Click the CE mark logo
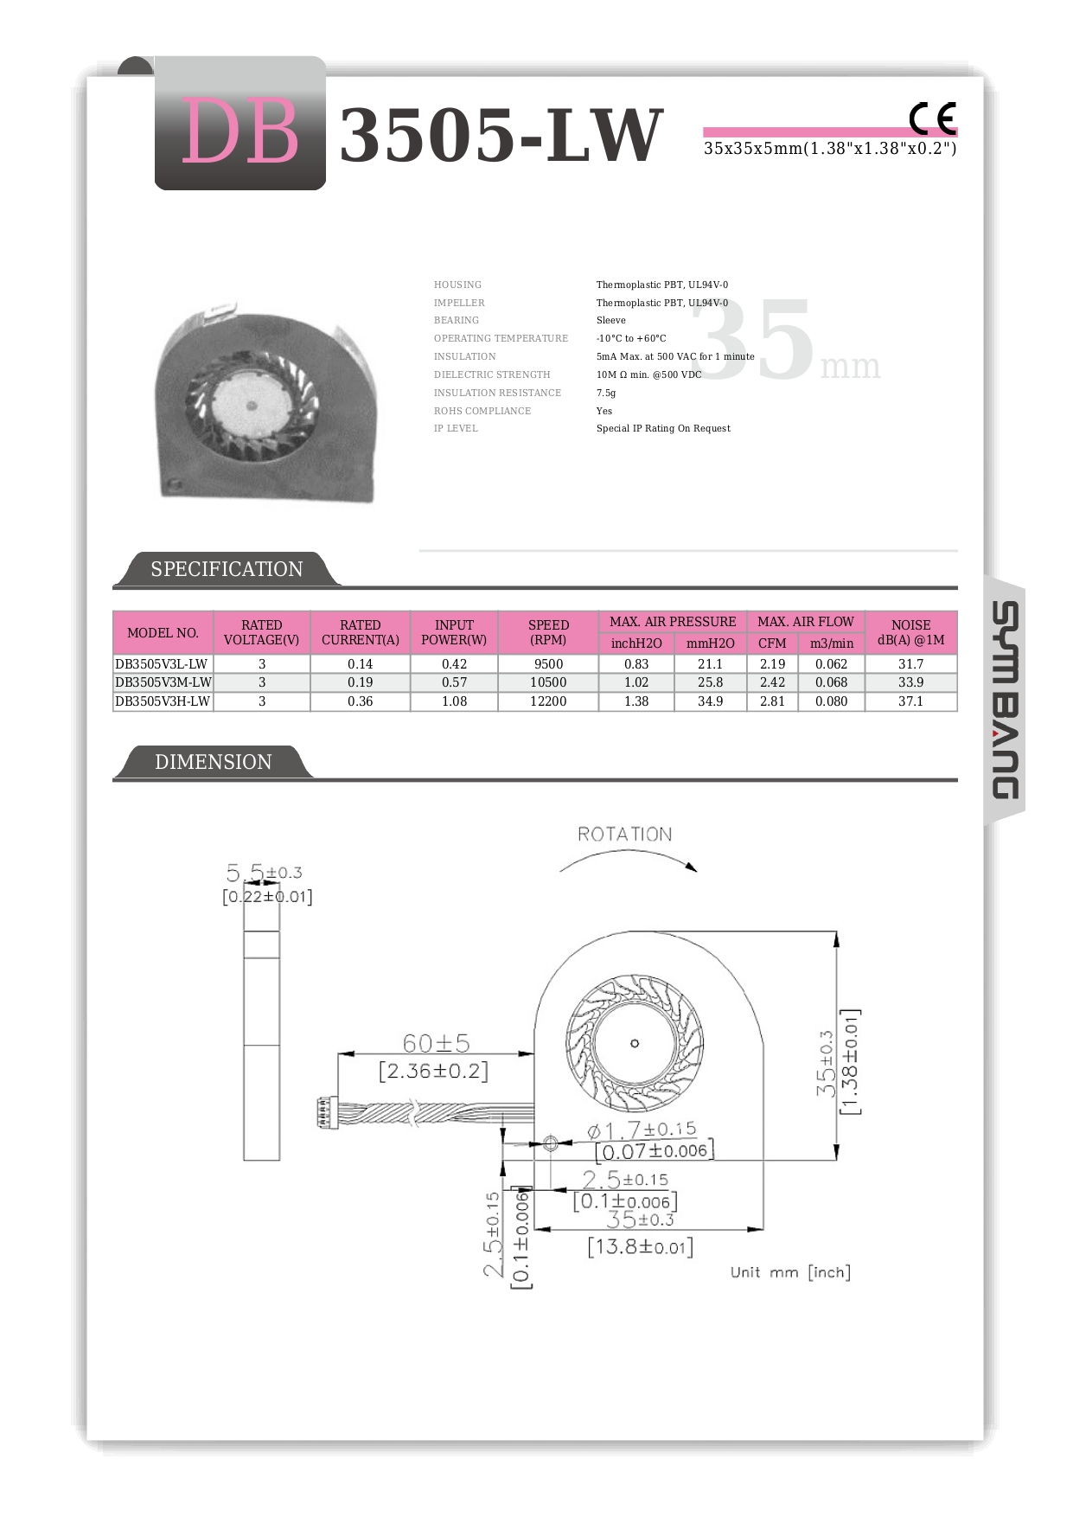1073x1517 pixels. point(932,118)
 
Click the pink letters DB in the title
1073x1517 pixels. point(240,131)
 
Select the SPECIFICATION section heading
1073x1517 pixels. point(227,569)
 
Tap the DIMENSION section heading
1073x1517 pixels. point(213,762)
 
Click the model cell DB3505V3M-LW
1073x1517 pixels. point(163,682)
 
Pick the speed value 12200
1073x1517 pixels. point(548,701)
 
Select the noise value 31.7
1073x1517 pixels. point(910,664)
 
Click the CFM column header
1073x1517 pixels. point(772,643)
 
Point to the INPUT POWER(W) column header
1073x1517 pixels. point(454,632)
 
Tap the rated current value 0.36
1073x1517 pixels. point(360,701)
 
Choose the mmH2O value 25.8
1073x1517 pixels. point(710,682)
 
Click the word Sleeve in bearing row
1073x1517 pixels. point(610,320)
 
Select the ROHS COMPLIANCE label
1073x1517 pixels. point(482,411)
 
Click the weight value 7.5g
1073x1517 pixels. point(606,393)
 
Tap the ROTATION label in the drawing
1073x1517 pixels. point(624,835)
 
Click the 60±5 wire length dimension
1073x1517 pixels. point(436,1043)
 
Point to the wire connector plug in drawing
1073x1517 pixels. point(323,1112)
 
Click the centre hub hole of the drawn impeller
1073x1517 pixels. point(635,1043)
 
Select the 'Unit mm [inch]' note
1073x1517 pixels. point(790,1272)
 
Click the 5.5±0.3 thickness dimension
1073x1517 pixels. point(264,873)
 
